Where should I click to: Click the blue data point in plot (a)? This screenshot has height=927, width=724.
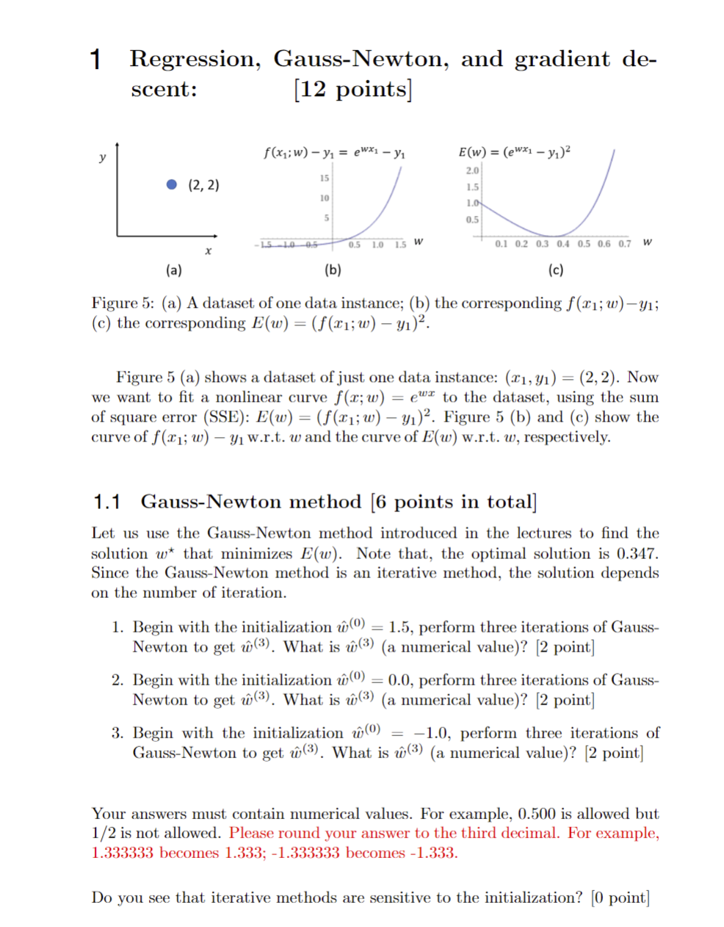pyautogui.click(x=172, y=184)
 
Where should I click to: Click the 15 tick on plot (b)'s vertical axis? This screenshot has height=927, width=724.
pyautogui.click(x=324, y=178)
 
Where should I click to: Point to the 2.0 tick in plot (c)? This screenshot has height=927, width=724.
pyautogui.click(x=472, y=170)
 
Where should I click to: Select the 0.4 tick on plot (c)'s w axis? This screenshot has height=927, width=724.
pyautogui.click(x=562, y=244)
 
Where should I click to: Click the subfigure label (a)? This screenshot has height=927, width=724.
pyautogui.click(x=174, y=270)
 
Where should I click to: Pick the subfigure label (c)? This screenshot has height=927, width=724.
pyautogui.click(x=556, y=270)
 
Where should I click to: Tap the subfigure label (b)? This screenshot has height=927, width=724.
pyautogui.click(x=333, y=270)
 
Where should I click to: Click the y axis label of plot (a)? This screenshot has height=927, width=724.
pyautogui.click(x=102, y=157)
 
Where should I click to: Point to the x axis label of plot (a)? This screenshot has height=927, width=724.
pyautogui.click(x=208, y=251)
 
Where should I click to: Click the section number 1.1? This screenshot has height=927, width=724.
pyautogui.click(x=106, y=502)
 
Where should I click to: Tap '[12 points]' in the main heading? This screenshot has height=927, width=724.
pyautogui.click(x=352, y=89)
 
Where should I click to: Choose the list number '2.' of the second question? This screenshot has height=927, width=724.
pyautogui.click(x=117, y=680)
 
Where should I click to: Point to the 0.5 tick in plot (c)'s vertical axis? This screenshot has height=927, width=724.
pyautogui.click(x=472, y=220)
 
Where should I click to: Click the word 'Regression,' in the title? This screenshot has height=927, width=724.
pyautogui.click(x=195, y=59)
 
